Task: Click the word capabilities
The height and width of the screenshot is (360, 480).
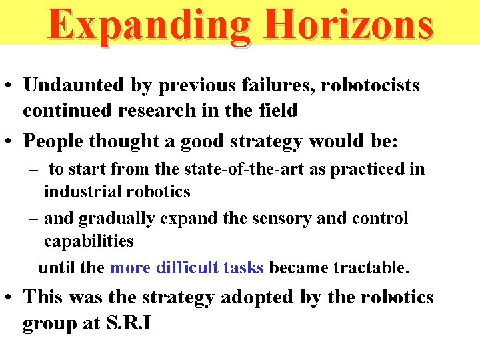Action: click(89, 241)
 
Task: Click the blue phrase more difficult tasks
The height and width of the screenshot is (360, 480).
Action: click(187, 268)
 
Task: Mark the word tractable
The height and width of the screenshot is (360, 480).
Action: click(373, 268)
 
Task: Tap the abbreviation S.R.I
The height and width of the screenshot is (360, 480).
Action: click(128, 323)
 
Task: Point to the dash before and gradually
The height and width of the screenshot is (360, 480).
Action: click(32, 219)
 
